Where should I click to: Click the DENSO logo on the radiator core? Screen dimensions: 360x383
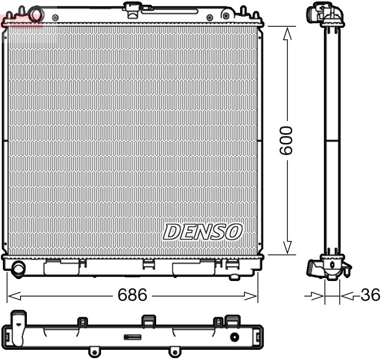coord(202,232)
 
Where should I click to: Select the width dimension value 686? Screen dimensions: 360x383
coord(132,295)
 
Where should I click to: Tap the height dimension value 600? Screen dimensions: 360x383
coord(286,140)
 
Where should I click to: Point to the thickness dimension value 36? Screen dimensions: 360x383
coord(370,295)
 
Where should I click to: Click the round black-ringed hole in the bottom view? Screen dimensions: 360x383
coord(235,337)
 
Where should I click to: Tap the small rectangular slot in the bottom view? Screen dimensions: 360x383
coord(133,337)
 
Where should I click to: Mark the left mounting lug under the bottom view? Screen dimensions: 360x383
coord(93,351)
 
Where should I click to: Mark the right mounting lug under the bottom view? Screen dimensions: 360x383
coord(173,351)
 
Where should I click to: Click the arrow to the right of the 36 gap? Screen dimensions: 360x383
coord(346,295)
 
